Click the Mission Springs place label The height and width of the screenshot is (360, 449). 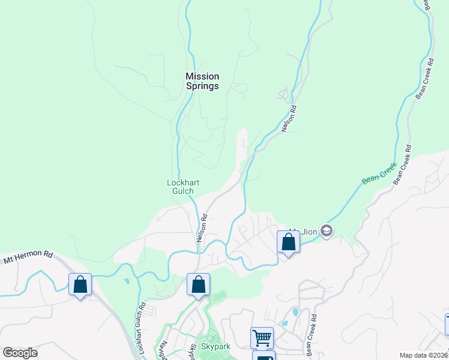[x=202, y=81]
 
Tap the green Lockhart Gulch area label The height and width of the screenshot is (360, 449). [x=182, y=187]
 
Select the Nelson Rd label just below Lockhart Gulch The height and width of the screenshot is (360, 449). [x=202, y=228]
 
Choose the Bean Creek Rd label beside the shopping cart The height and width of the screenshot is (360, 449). [x=312, y=336]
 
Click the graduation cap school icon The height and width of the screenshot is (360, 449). [x=327, y=231]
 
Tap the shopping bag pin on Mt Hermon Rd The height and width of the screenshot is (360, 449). [x=80, y=285]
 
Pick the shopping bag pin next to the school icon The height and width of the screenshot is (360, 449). [x=288, y=242]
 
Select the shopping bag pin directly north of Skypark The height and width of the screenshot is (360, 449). [x=198, y=285]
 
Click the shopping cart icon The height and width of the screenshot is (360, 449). [x=262, y=338]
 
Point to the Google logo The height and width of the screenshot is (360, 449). [x=20, y=353]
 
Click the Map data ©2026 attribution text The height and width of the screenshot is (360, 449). [x=423, y=355]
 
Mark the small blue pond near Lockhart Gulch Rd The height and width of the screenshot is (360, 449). [x=126, y=281]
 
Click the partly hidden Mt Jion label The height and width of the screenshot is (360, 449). [x=294, y=230]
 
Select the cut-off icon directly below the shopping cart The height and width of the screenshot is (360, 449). [x=264, y=356]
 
